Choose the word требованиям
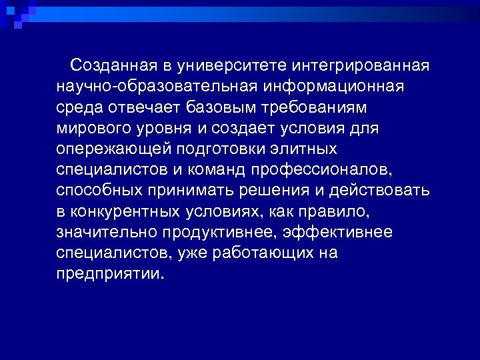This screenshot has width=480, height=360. point(323,107)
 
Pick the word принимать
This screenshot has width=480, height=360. point(198,190)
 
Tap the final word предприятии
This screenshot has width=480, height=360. point(110,273)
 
